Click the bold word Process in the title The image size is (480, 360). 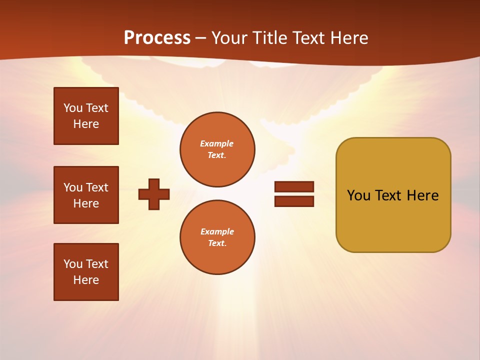click(x=157, y=38)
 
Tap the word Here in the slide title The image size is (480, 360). click(x=348, y=38)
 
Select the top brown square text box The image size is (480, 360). click(x=86, y=116)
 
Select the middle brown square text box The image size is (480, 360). click(x=86, y=195)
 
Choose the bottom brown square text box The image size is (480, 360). click(x=86, y=272)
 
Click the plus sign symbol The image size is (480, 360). click(x=154, y=194)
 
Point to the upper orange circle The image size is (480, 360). click(x=217, y=149)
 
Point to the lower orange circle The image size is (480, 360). click(x=217, y=237)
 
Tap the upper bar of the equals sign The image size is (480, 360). click(x=294, y=186)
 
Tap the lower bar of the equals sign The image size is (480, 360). click(x=294, y=201)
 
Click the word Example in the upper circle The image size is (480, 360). click(x=216, y=143)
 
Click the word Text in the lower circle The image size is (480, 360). click(x=216, y=243)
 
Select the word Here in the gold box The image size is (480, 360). click(x=422, y=195)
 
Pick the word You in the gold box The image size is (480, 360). click(x=358, y=195)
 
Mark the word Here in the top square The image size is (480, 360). click(x=86, y=124)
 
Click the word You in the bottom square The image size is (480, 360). click(x=73, y=264)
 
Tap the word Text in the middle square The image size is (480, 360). click(x=97, y=187)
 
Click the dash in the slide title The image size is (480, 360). click(x=200, y=38)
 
